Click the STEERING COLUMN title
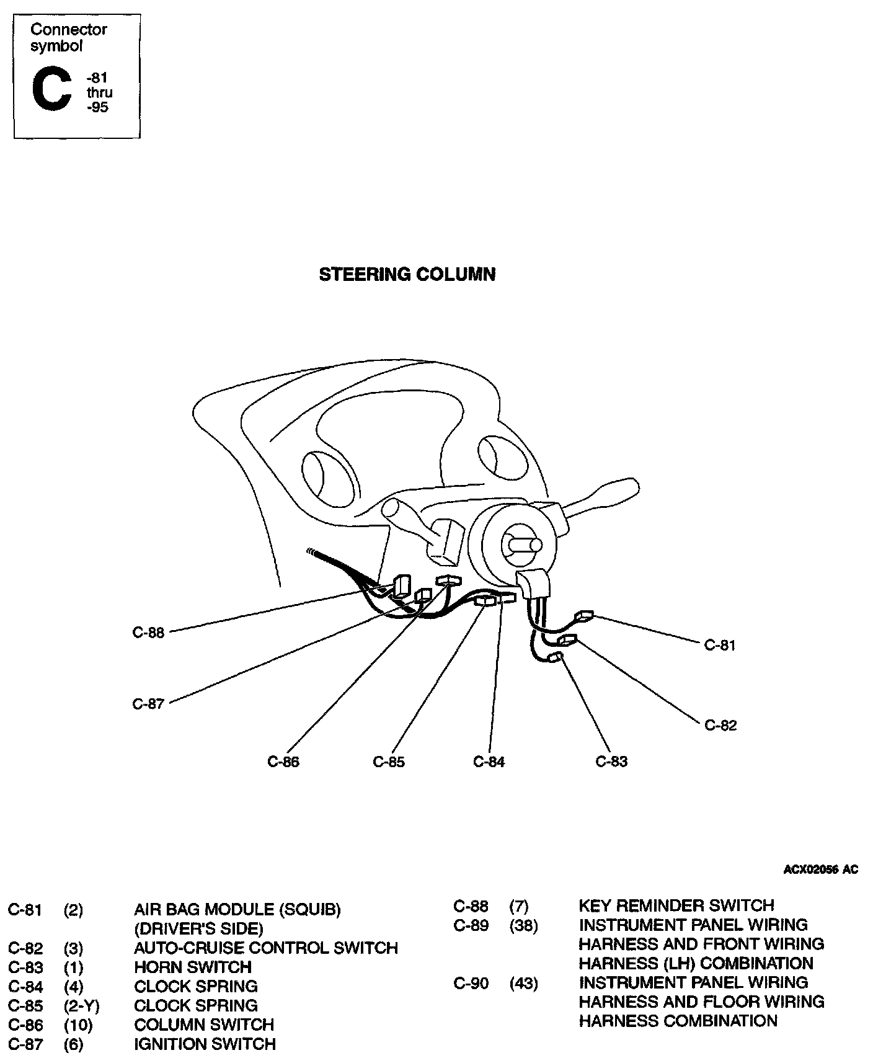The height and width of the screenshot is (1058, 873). [407, 275]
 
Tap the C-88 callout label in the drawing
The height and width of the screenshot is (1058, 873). [149, 633]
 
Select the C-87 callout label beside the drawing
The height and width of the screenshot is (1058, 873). [148, 704]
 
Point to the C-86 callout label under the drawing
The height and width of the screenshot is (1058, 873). [283, 762]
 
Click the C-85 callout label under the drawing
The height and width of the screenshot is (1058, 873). [389, 762]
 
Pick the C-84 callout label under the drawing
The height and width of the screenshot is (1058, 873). [489, 762]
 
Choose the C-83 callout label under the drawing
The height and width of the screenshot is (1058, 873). [612, 762]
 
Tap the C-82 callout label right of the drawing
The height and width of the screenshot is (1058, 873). [720, 725]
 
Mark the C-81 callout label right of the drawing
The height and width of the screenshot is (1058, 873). [720, 645]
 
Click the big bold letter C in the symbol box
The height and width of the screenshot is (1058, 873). [51, 91]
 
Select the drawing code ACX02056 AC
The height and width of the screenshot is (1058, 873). [821, 869]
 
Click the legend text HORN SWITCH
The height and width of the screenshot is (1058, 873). [193, 967]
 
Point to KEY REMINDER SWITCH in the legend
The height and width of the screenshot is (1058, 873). [676, 905]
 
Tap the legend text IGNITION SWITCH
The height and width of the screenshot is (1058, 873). [205, 1044]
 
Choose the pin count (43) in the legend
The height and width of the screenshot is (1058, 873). [524, 983]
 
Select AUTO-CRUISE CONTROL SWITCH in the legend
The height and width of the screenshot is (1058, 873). [266, 948]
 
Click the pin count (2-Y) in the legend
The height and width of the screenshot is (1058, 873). [82, 1005]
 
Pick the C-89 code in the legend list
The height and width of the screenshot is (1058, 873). [471, 925]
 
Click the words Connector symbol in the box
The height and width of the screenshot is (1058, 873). [68, 37]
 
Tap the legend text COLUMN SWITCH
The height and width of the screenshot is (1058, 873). [204, 1025]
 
